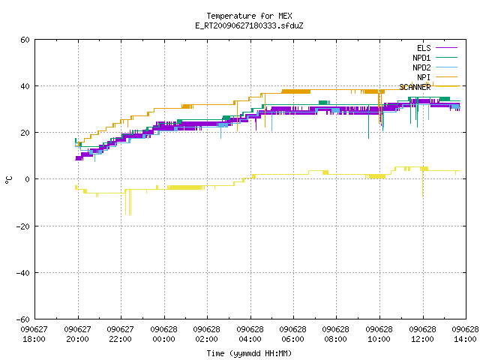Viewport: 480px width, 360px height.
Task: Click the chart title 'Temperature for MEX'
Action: coord(249,16)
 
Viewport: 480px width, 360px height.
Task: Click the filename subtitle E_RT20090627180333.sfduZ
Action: coord(249,25)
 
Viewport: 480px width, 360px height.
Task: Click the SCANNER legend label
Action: coord(415,87)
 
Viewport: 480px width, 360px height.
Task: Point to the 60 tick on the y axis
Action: coord(25,40)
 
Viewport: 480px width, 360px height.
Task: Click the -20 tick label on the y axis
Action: coord(23,226)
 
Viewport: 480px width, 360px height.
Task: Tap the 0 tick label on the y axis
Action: coord(28,179)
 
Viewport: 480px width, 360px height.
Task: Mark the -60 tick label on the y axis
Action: coord(23,319)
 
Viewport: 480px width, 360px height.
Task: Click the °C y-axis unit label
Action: coord(8,180)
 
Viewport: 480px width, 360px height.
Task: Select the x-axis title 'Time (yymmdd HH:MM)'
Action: coord(249,353)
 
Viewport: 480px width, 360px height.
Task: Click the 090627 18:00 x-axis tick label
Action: coord(34,334)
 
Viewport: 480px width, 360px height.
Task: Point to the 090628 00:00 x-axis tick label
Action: coord(163,334)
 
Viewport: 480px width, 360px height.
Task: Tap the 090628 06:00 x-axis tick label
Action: coord(293,334)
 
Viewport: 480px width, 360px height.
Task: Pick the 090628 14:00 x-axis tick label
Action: coord(465,334)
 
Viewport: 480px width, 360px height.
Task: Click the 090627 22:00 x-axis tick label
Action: coord(121,334)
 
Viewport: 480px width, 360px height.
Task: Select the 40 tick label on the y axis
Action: coord(25,86)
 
